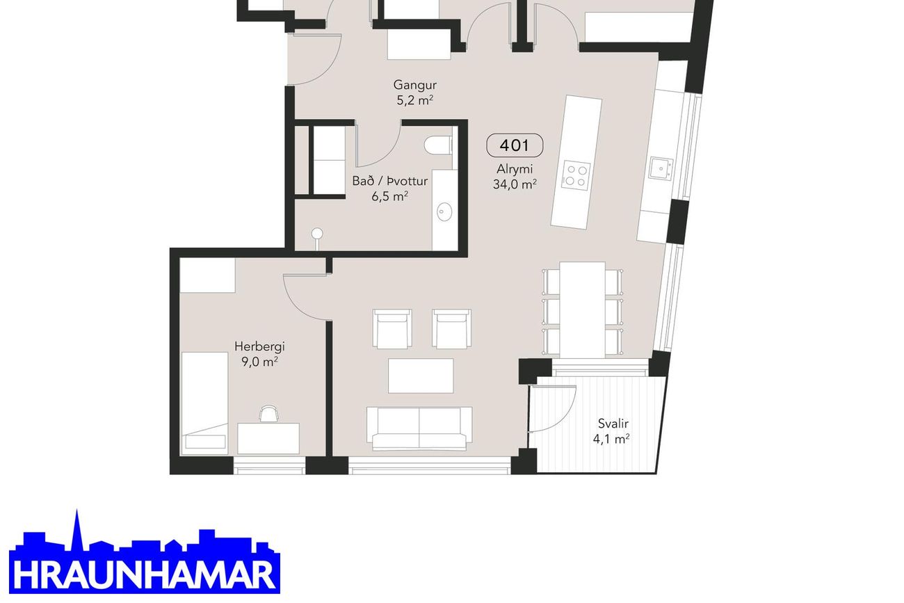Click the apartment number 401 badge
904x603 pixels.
point(515,145)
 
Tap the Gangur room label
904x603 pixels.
point(415,85)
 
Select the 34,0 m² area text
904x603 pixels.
point(515,184)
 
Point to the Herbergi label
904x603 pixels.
point(259,346)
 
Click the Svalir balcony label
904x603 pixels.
point(613,424)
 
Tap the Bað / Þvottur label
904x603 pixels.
point(389,182)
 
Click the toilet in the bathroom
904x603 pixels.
point(438,145)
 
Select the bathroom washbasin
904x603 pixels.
point(444,212)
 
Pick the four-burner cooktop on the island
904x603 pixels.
point(576,175)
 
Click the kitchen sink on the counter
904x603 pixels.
point(661,168)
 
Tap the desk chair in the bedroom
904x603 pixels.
point(269,414)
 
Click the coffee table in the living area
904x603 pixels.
point(421,376)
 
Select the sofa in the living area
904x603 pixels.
point(419,428)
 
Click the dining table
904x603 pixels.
point(582,310)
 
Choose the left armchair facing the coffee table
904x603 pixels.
point(392,328)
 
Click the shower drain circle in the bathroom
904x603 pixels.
point(317,233)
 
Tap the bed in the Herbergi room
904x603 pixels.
point(204,403)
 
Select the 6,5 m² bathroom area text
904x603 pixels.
point(389,197)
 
